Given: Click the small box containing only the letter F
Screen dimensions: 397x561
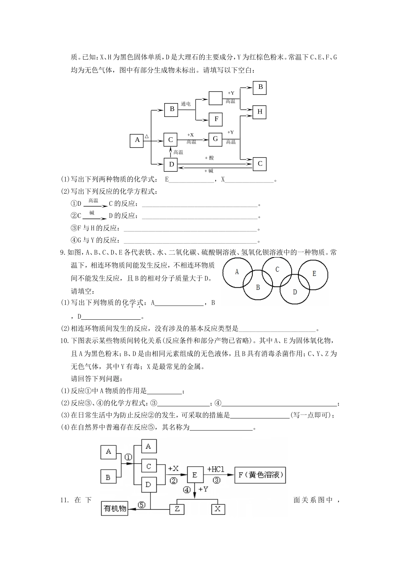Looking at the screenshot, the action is [x=216, y=119].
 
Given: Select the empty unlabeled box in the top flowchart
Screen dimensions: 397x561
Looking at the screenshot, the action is [x=216, y=98].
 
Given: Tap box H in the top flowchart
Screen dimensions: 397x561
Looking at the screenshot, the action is [x=260, y=112].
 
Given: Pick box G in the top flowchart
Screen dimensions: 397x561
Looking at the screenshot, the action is [x=215, y=139].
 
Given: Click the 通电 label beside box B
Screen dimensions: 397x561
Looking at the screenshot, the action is [x=186, y=104].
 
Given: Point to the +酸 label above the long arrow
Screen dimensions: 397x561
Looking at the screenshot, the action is [x=209, y=158].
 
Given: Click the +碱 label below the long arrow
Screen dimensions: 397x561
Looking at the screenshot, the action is [x=209, y=171].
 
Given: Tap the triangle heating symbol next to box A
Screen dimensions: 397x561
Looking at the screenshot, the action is [x=147, y=136].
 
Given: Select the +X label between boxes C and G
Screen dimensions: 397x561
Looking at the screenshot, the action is [x=191, y=135].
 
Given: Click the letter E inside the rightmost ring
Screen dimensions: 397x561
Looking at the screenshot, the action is [x=314, y=273].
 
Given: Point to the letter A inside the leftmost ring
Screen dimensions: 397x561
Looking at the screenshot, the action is [x=237, y=272].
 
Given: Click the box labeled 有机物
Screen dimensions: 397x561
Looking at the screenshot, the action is [x=115, y=508].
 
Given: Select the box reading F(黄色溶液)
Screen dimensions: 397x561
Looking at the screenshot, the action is [x=260, y=475].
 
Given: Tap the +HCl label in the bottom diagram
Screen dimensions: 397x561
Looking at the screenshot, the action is [x=216, y=469].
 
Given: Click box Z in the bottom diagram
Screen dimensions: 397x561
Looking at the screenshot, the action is [x=177, y=509].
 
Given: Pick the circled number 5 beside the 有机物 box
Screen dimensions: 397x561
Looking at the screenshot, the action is [x=142, y=505].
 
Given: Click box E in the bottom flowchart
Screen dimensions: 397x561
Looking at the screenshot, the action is [x=195, y=475].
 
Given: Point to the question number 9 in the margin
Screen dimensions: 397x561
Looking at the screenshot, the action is [x=63, y=252].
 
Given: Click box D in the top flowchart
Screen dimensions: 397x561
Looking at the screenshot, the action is [x=171, y=164].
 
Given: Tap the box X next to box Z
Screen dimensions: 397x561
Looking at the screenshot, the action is [x=218, y=509].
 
